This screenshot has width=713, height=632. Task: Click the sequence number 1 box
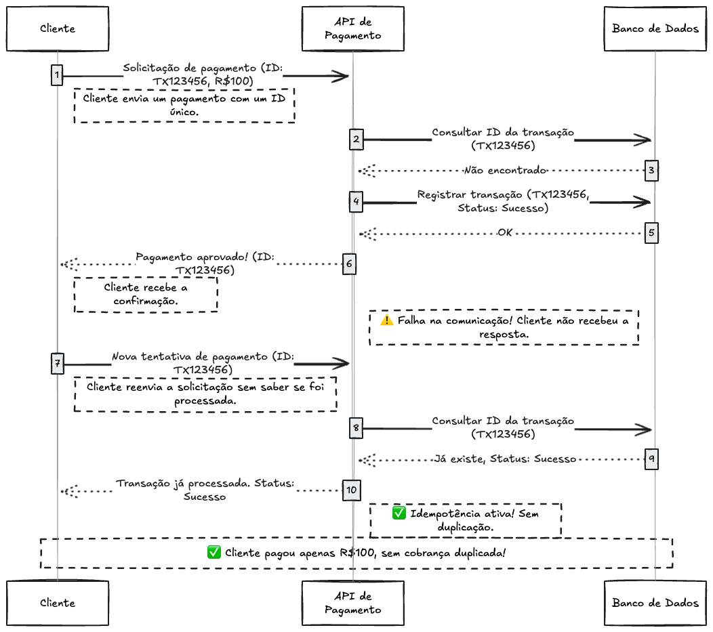pyautogui.click(x=57, y=75)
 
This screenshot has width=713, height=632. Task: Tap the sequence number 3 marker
pyautogui.click(x=651, y=170)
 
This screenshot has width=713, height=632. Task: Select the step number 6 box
pyautogui.click(x=349, y=264)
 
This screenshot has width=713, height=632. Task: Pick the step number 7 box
pyautogui.click(x=57, y=364)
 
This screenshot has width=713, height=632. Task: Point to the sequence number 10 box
pyautogui.click(x=351, y=489)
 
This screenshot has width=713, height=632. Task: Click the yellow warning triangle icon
pyautogui.click(x=387, y=320)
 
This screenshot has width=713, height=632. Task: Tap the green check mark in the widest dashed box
pyautogui.click(x=213, y=553)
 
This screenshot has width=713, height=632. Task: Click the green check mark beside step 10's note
pyautogui.click(x=399, y=513)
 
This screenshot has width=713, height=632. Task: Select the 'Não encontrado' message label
pyautogui.click(x=506, y=170)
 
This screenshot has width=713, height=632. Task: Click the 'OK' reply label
pyautogui.click(x=505, y=232)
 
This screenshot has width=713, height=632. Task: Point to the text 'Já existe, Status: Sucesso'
pyautogui.click(x=505, y=459)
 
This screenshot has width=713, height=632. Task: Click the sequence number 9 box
pyautogui.click(x=651, y=459)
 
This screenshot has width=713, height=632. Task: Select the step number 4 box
pyautogui.click(x=356, y=201)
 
